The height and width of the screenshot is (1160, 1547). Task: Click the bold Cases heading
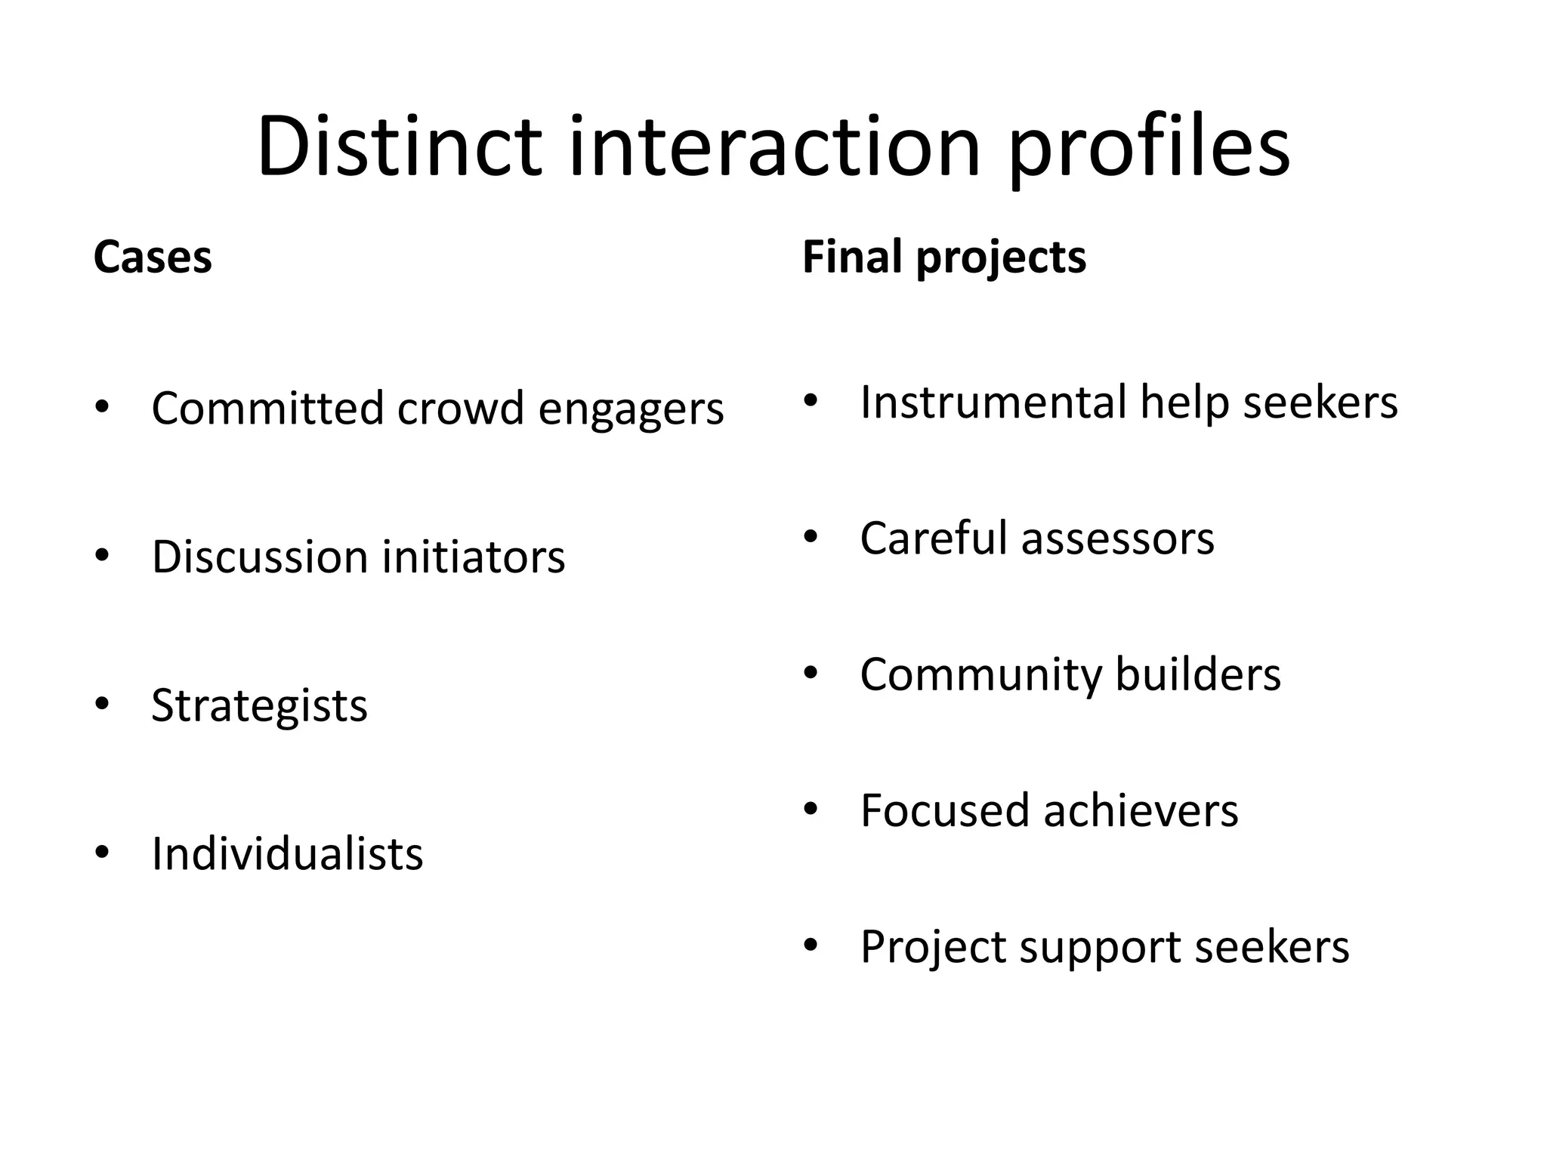click(x=153, y=258)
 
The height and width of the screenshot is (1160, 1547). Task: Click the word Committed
click(x=268, y=409)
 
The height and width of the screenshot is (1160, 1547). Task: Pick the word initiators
click(x=474, y=557)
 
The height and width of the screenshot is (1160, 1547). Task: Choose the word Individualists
click(x=287, y=854)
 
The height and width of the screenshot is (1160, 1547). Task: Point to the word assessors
click(x=1118, y=539)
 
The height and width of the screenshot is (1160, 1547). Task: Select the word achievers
click(x=1141, y=811)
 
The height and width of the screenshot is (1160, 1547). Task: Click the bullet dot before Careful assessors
click(x=811, y=537)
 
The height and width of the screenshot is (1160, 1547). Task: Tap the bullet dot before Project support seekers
click(x=811, y=946)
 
